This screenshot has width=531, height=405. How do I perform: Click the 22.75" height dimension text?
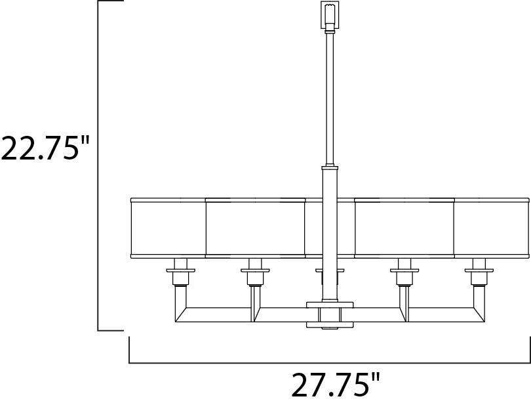[45, 148]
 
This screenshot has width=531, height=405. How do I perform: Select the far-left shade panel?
[168, 228]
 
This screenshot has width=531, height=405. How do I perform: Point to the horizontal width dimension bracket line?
[328, 362]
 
